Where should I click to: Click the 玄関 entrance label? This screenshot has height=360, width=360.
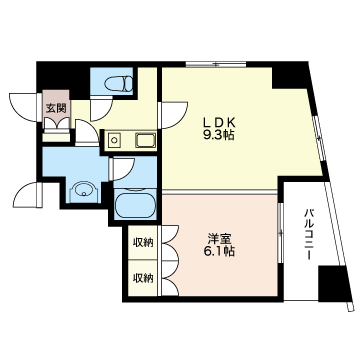[x=55, y=108]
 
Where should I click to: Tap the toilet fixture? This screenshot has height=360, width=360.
[x=118, y=84]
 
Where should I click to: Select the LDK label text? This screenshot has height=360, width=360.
[x=219, y=123]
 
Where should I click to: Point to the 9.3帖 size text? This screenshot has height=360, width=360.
[x=219, y=135]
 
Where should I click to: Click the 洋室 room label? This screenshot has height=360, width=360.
[x=219, y=239]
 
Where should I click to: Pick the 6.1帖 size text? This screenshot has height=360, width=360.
[x=219, y=251]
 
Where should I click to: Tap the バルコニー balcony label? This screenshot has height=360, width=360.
[x=309, y=234]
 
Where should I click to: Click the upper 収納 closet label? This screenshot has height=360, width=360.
[x=143, y=242]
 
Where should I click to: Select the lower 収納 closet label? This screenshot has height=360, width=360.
[x=143, y=277]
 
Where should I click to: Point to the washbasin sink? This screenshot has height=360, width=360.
[x=84, y=191]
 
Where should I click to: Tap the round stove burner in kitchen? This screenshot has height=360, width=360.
[x=114, y=140]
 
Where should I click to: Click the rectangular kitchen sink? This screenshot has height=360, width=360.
[x=145, y=140]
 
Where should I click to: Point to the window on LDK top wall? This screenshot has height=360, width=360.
[x=216, y=64]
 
